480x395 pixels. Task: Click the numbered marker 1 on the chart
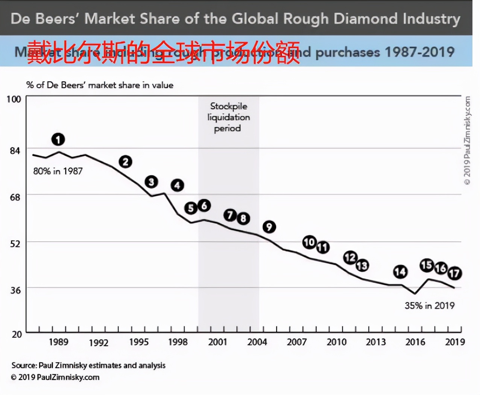coord(58,140)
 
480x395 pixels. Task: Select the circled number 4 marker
coord(177,185)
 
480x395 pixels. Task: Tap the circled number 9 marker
coord(269,227)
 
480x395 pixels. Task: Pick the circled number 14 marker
coord(400,272)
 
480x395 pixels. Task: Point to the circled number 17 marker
coord(454,273)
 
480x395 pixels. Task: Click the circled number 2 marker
coord(126,162)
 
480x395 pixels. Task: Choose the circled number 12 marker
coord(350,257)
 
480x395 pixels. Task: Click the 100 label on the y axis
coord(14,99)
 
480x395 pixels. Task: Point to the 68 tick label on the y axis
coord(15,197)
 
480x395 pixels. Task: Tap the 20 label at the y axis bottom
coord(17,334)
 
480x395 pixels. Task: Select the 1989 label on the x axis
coord(59,342)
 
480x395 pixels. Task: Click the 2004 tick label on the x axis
coord(257,342)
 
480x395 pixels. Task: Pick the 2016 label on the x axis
coord(415,342)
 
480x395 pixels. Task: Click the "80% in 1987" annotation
coord(58,171)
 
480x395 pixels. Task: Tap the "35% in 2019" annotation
coord(430,305)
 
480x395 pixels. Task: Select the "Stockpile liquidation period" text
coord(228,117)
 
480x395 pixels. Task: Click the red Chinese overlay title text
coord(163,52)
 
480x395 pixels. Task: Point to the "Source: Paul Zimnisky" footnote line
coord(88,365)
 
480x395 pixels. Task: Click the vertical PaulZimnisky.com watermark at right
coord(467,140)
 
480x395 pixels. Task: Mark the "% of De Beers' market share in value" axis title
coord(100,85)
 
